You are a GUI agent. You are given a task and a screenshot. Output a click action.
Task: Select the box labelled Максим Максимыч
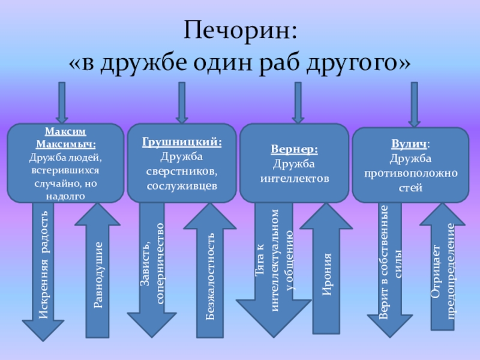65,163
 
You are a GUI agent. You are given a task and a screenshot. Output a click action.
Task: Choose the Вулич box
410,165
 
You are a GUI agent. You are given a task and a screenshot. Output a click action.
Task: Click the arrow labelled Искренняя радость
43,270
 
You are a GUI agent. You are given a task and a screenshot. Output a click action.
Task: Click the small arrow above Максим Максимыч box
62,102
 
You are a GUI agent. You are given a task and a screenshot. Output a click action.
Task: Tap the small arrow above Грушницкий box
182,102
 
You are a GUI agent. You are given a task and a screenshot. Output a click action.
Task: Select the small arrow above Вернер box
297,102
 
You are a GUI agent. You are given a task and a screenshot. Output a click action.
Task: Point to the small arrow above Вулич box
413,102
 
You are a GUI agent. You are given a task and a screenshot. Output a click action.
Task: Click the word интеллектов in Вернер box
294,178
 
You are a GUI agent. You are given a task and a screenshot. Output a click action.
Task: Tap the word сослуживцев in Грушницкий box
182,185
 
